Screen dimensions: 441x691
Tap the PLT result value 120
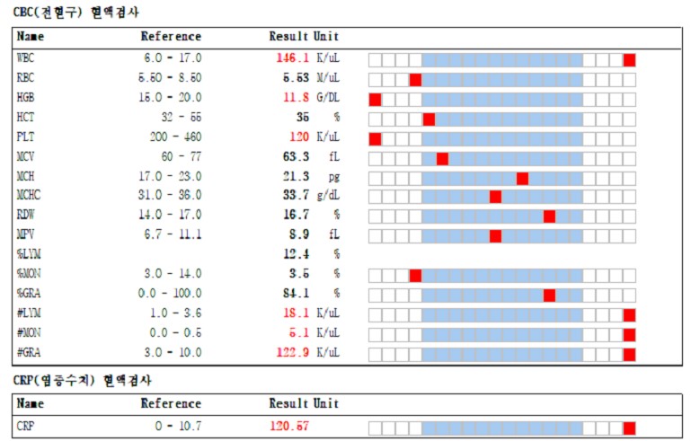tap(298, 138)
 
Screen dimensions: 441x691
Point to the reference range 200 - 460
tap(175, 138)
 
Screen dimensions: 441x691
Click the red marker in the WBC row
tap(629, 60)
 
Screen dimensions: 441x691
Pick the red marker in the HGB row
tap(375, 99)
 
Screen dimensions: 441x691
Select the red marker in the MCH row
tap(522, 178)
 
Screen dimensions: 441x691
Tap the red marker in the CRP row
tap(629, 428)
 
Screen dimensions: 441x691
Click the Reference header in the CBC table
tap(171, 37)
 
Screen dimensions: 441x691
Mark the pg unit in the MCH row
tap(334, 178)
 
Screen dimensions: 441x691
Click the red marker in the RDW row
tap(549, 216)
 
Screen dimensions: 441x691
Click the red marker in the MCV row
tap(442, 158)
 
